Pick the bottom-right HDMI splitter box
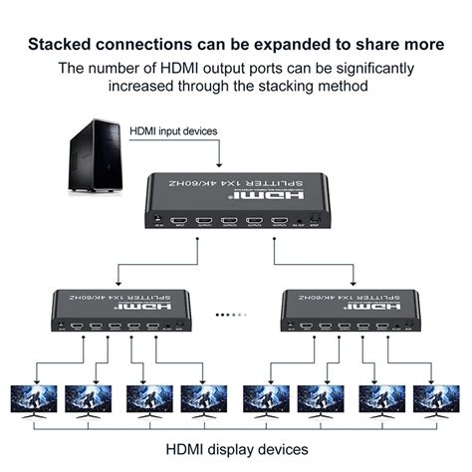(x=350, y=312)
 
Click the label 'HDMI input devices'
(x=173, y=130)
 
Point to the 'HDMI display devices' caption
(x=235, y=449)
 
